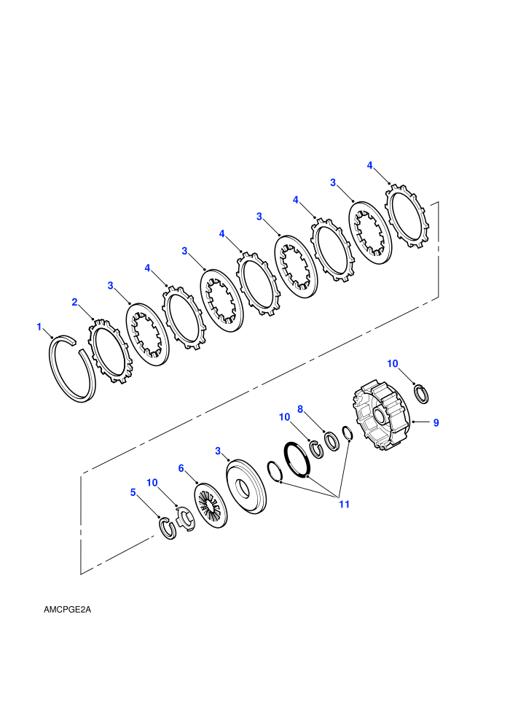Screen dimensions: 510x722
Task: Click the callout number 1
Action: tap(39, 327)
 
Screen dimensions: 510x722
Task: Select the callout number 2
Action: tap(74, 302)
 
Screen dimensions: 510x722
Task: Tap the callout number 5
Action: tap(133, 492)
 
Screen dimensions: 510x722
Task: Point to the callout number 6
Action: tap(181, 468)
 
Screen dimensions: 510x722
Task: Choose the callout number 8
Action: tap(300, 409)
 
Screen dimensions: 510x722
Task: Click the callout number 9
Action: tap(436, 422)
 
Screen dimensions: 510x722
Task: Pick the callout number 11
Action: tap(344, 504)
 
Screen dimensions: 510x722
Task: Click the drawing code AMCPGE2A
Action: tap(67, 610)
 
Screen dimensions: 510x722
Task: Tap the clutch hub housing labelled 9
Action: tap(381, 415)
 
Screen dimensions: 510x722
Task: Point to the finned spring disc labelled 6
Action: tap(211, 505)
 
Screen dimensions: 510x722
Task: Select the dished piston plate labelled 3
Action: tap(246, 486)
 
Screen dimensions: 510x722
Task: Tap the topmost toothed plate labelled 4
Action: tap(407, 216)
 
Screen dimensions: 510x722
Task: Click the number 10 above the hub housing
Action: tap(392, 364)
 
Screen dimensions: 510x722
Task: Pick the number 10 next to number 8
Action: tap(285, 417)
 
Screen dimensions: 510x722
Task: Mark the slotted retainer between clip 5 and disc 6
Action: tap(186, 519)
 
